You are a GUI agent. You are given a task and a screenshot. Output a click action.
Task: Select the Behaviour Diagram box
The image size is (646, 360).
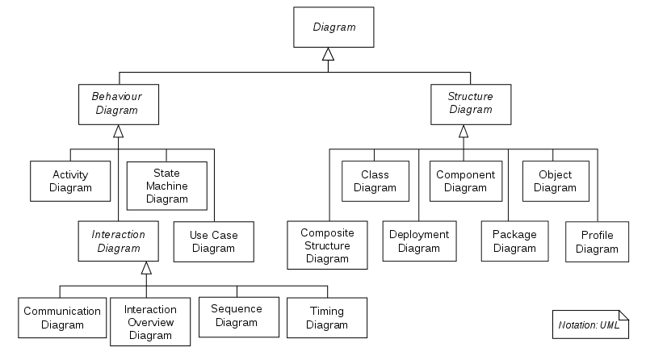pos(118,103)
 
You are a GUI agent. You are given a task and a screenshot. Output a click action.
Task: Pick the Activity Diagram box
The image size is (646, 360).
pos(70,181)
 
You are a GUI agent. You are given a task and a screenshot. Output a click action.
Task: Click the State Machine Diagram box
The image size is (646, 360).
pos(166,186)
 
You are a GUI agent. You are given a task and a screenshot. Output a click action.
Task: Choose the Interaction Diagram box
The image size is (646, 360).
pos(118,241)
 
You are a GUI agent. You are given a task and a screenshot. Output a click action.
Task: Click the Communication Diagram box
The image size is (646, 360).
pos(62,318)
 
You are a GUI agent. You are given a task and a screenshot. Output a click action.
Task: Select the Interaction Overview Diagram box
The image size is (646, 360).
pos(150,323)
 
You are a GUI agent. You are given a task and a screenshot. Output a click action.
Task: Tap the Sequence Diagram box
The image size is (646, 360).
pos(237,315)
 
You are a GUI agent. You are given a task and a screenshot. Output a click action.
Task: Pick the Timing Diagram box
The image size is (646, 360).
pos(327,318)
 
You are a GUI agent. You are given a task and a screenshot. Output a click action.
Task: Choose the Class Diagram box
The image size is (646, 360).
pos(375,181)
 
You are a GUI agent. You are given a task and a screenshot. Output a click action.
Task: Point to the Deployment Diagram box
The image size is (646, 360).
pos(418,241)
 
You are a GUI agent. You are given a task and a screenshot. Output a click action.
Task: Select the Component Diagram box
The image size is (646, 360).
pos(465,181)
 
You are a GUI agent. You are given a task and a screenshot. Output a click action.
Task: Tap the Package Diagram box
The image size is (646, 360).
pos(514,241)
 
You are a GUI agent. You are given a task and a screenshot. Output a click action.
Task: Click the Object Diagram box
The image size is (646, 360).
pos(555,181)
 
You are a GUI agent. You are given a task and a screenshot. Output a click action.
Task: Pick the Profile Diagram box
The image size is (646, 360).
pos(598,241)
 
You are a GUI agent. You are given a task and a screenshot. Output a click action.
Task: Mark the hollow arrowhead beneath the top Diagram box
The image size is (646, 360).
pos(328,54)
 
